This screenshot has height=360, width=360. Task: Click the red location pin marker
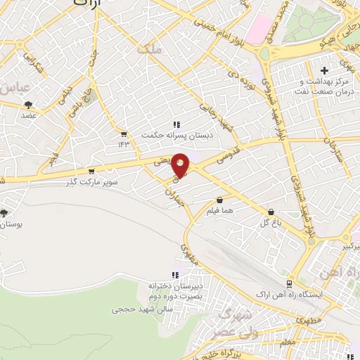pos(181,165)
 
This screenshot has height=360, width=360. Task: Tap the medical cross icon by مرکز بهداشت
pos(323,71)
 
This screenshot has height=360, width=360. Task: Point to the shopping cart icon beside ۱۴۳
pos(124,134)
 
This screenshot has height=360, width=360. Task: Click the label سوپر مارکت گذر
pos(89,181)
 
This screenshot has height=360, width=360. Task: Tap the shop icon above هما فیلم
pos(220,199)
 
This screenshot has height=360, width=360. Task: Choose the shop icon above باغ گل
pos(271,212)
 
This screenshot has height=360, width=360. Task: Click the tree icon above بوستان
pos(5,212)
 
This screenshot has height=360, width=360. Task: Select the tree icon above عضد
pos(28,104)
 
